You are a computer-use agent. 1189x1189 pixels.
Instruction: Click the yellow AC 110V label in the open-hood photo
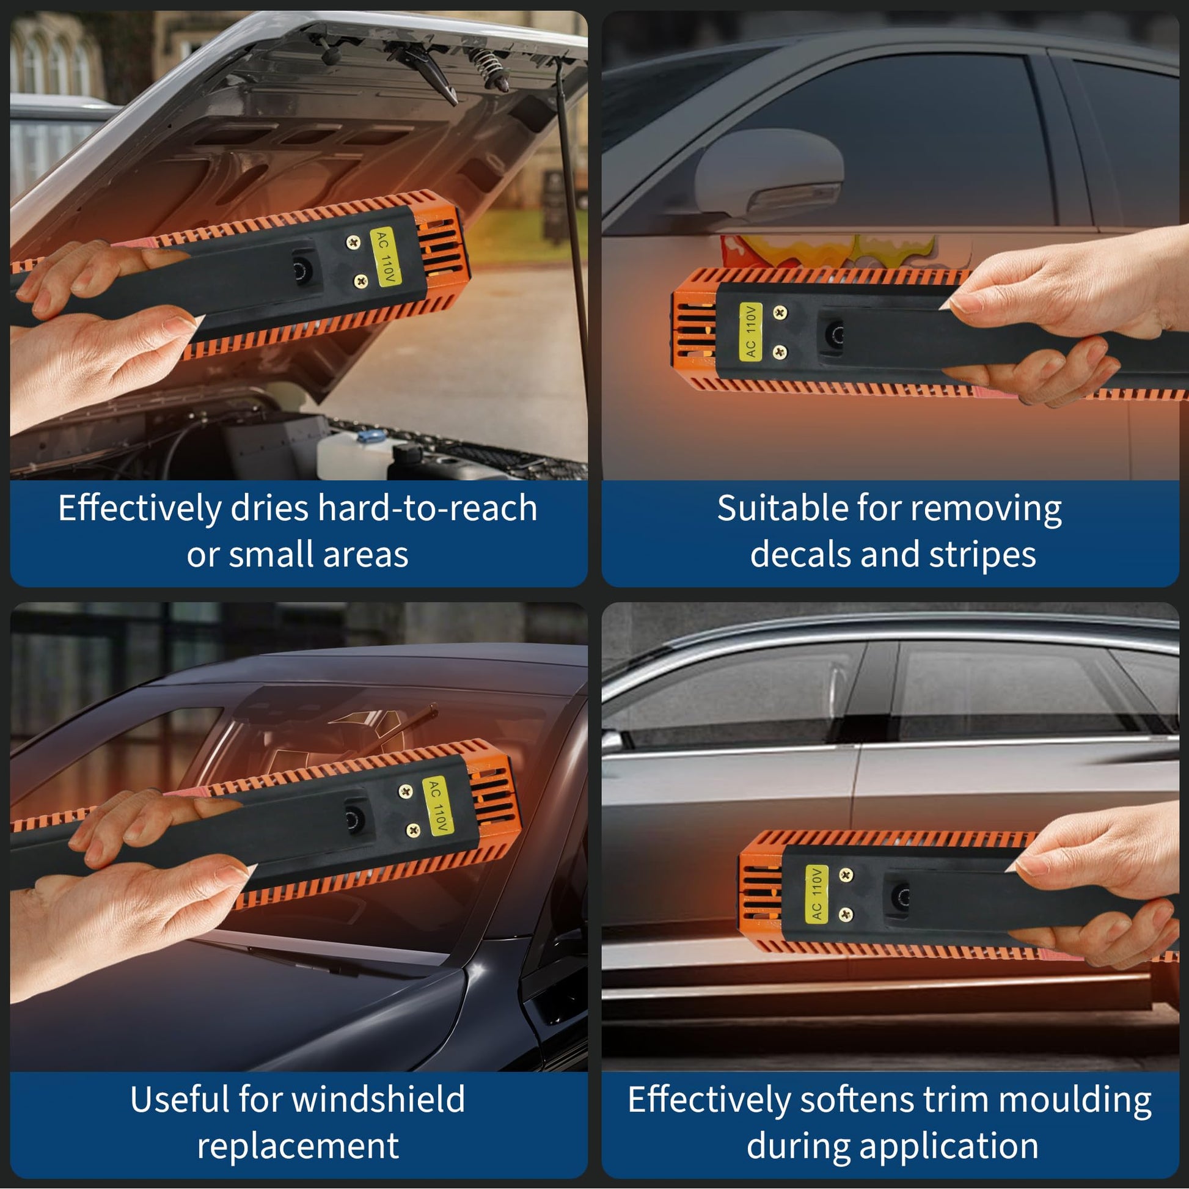coord(386,257)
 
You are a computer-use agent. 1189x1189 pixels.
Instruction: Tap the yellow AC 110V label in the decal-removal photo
coord(750,332)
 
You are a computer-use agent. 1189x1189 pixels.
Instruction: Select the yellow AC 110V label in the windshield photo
coord(438,806)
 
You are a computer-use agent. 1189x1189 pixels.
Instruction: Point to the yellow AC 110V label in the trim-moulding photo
coord(817,894)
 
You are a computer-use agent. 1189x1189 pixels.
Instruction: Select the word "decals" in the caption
coord(800,555)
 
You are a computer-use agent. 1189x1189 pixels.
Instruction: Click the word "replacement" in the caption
coord(298,1146)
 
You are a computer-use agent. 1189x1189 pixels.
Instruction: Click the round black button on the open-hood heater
coord(302,269)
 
